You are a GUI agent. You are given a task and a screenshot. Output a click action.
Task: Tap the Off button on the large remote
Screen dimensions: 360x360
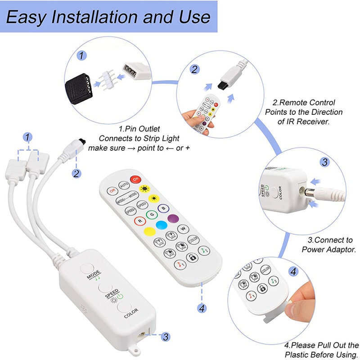coord(111,190)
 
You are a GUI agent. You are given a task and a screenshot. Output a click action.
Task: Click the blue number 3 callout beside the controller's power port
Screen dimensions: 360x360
coord(165,336)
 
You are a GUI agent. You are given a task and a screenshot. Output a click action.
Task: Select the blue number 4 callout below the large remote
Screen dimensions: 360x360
coord(202,308)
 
